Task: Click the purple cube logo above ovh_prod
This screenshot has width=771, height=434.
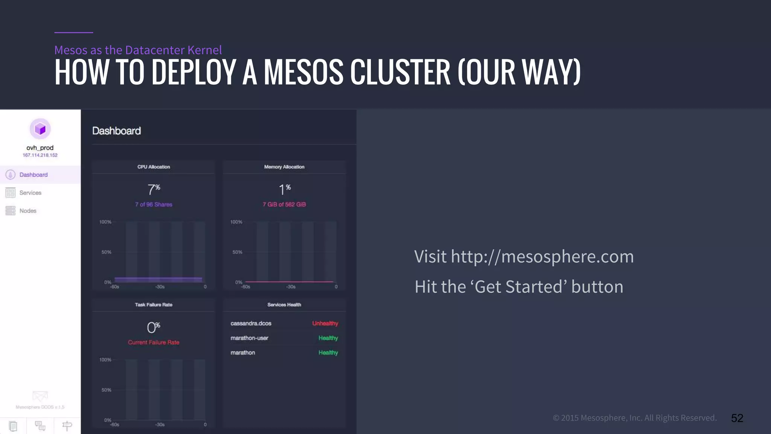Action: point(40,129)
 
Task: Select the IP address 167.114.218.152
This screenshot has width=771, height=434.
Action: point(40,155)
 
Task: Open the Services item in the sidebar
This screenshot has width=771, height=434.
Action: point(30,193)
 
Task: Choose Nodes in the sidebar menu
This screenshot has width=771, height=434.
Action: point(28,211)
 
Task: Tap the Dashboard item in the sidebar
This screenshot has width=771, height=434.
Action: point(33,175)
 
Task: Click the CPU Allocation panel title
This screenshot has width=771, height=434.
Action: point(154,167)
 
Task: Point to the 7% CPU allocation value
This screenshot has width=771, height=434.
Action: point(154,189)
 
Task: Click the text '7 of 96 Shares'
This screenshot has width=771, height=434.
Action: point(154,205)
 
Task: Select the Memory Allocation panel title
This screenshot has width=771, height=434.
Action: point(284,167)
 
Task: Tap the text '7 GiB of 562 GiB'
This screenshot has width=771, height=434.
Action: point(284,205)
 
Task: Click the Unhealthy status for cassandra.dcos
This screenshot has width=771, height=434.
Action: point(325,324)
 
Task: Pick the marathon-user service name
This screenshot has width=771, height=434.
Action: point(249,338)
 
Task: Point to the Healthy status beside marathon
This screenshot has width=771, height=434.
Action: point(328,353)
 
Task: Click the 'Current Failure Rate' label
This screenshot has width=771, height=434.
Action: point(154,342)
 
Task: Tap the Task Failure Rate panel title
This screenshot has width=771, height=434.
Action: point(154,305)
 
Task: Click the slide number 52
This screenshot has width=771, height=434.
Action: point(737,418)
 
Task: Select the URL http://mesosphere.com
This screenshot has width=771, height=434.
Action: point(542,257)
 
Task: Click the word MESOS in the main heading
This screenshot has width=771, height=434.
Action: point(303,72)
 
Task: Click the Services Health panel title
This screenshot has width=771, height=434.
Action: point(284,305)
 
